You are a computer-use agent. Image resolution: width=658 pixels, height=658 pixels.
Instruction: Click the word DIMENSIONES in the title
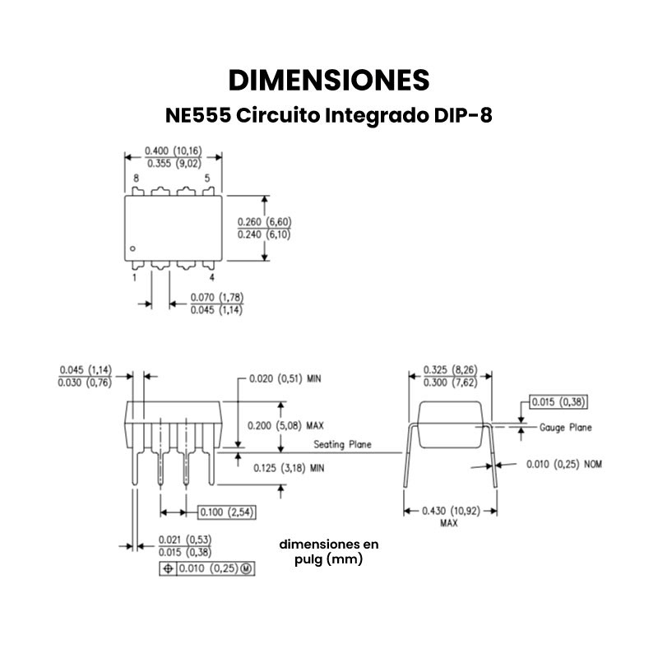[328, 80]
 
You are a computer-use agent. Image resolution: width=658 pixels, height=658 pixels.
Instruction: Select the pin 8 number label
[136, 178]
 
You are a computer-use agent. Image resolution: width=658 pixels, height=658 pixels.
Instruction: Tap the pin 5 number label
[207, 178]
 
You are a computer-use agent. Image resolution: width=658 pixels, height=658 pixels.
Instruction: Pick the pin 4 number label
[211, 277]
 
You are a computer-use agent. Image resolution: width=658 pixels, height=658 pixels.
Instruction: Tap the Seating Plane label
[342, 445]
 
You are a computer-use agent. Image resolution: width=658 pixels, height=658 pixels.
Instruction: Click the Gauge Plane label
[566, 428]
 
